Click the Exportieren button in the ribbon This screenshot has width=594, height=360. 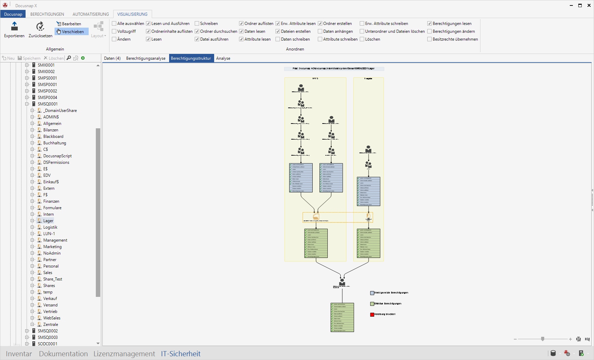point(14,30)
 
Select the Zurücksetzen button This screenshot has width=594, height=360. point(40,30)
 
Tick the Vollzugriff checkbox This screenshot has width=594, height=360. point(114,31)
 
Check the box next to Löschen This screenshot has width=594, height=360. point(362,39)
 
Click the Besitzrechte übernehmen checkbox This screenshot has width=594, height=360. point(430,39)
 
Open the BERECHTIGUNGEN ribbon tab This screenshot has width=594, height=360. point(47,14)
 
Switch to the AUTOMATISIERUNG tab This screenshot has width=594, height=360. point(91,14)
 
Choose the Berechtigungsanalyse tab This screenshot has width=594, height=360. point(146,58)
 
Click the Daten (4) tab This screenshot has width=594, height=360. point(112,58)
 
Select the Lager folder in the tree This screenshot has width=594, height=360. point(48,221)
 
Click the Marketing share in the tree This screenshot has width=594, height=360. point(52,247)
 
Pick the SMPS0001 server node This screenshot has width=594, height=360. point(47,78)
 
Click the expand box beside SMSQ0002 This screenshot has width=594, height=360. point(27,331)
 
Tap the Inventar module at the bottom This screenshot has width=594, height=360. point(19,354)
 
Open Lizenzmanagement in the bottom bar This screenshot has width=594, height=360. point(124,354)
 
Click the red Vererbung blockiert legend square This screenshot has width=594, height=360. point(372,315)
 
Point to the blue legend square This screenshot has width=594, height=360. point(372,293)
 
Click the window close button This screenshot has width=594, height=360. point(589,5)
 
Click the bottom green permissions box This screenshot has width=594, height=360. point(342,317)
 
